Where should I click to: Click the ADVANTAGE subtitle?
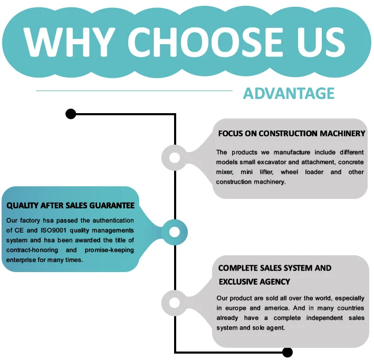tap(289, 94)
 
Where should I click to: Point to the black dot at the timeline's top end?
tap(70, 114)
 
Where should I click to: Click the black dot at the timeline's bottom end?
tap(287, 352)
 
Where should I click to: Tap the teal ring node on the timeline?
tap(175, 232)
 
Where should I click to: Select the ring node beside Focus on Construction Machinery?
tap(175, 157)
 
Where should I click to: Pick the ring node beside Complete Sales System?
tap(175, 302)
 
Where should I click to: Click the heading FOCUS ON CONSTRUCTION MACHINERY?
tap(291, 134)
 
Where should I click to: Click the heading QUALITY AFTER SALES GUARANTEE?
tap(70, 206)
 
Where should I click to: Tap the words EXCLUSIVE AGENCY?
tap(254, 282)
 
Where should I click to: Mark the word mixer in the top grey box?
tap(225, 172)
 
